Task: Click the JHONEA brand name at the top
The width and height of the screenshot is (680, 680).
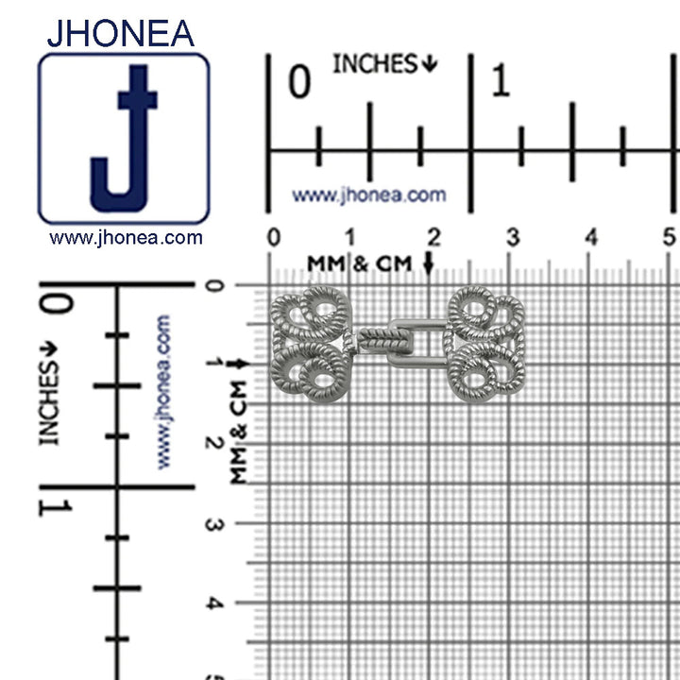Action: click(120, 33)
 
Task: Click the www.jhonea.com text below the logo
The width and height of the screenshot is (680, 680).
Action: click(126, 238)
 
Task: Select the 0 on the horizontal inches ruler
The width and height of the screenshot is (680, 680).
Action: click(299, 81)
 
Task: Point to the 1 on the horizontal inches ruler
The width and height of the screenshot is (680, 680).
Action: click(501, 79)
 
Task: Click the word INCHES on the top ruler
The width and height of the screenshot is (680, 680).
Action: click(375, 64)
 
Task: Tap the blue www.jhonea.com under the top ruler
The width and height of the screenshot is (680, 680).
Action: click(369, 195)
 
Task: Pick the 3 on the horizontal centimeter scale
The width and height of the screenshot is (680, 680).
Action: click(513, 237)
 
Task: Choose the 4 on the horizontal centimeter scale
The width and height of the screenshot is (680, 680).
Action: click(591, 237)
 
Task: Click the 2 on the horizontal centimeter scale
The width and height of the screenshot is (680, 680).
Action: click(433, 237)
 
